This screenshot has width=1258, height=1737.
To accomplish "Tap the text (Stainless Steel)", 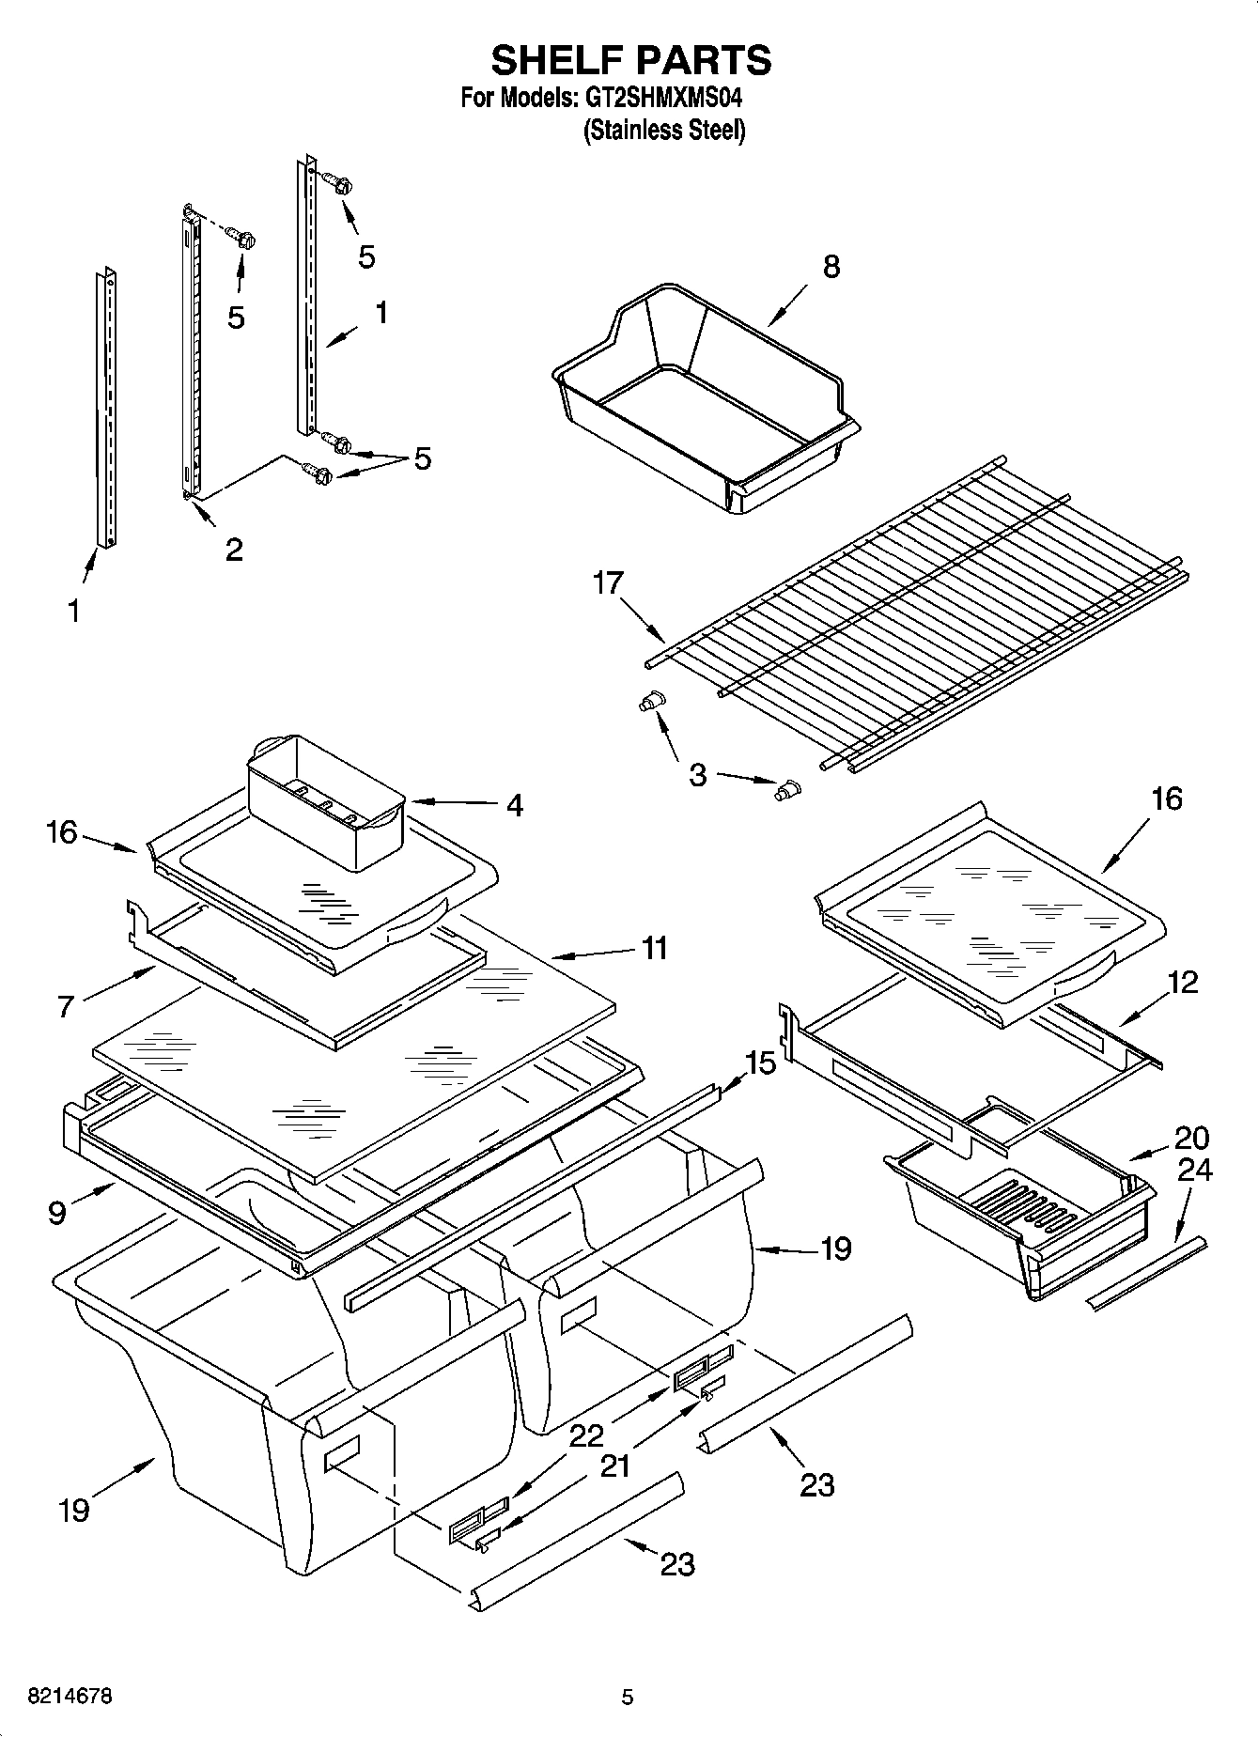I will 664,131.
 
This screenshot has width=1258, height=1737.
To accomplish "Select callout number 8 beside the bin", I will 831,267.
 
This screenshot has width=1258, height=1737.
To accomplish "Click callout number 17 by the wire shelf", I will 608,583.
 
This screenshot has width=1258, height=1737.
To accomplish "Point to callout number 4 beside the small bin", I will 514,805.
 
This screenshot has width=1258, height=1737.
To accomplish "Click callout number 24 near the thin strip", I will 1194,1170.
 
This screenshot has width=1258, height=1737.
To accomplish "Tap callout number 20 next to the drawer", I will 1191,1138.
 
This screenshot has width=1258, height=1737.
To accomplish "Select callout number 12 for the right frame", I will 1183,983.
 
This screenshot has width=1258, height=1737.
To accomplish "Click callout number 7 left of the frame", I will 66,1007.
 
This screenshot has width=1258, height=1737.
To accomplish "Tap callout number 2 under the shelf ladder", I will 234,549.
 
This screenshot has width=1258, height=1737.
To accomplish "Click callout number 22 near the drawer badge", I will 587,1435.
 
